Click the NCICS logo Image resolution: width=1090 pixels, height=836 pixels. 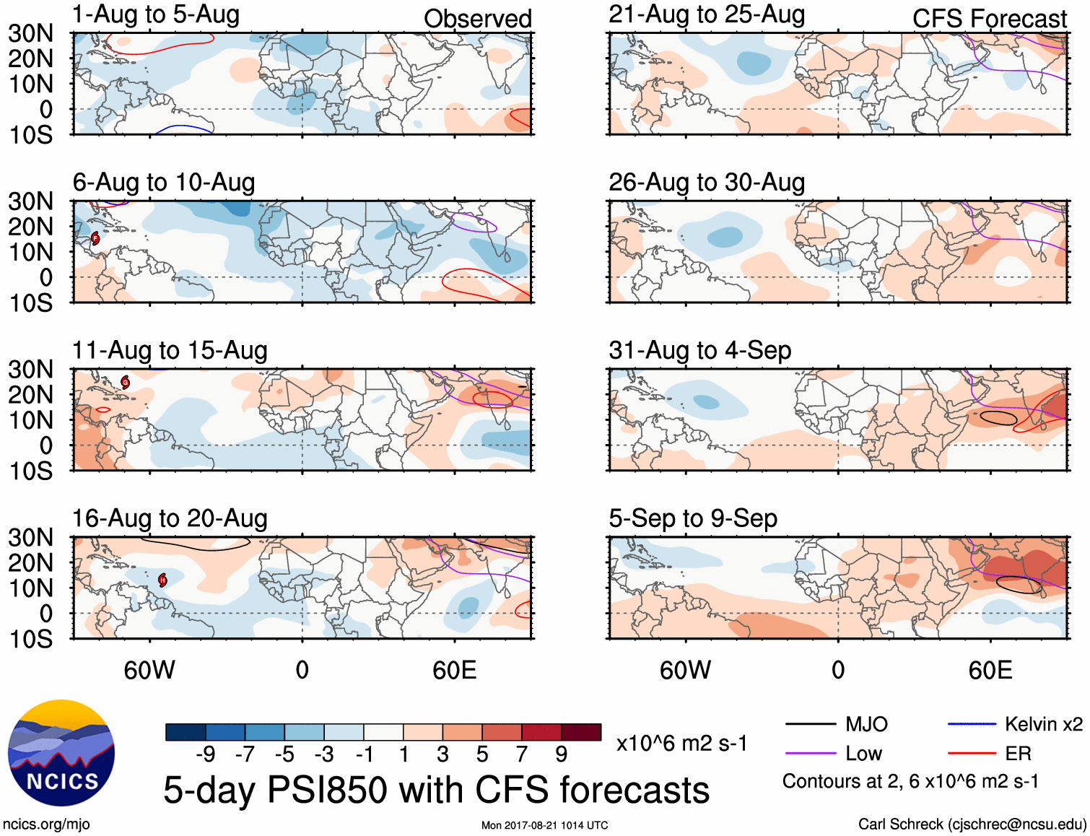click(x=61, y=753)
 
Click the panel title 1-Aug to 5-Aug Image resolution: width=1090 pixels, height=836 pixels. click(x=156, y=15)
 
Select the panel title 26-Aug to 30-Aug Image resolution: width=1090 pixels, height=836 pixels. click(x=707, y=183)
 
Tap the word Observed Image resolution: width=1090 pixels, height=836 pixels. click(x=477, y=19)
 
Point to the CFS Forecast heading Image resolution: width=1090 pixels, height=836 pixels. click(x=989, y=19)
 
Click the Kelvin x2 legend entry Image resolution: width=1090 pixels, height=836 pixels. click(x=1015, y=724)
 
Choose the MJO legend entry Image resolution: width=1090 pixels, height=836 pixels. click(x=837, y=724)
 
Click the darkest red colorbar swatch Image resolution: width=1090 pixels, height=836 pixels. click(x=581, y=732)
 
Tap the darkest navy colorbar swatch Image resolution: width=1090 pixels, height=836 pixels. click(x=186, y=732)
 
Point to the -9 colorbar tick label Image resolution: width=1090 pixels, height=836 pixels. click(x=206, y=754)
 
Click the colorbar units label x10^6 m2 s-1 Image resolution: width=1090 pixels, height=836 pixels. click(x=681, y=744)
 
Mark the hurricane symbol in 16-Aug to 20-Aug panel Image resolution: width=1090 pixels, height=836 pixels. click(x=163, y=580)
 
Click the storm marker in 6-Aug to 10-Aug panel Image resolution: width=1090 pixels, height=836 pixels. click(x=95, y=238)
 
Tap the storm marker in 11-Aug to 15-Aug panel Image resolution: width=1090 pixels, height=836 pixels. click(x=126, y=382)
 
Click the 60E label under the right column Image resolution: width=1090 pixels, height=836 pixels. click(x=990, y=671)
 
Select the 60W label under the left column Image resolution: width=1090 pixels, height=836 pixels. click(x=149, y=671)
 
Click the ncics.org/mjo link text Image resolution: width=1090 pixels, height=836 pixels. click(x=46, y=824)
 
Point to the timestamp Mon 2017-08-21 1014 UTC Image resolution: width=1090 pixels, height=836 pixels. click(x=544, y=825)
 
